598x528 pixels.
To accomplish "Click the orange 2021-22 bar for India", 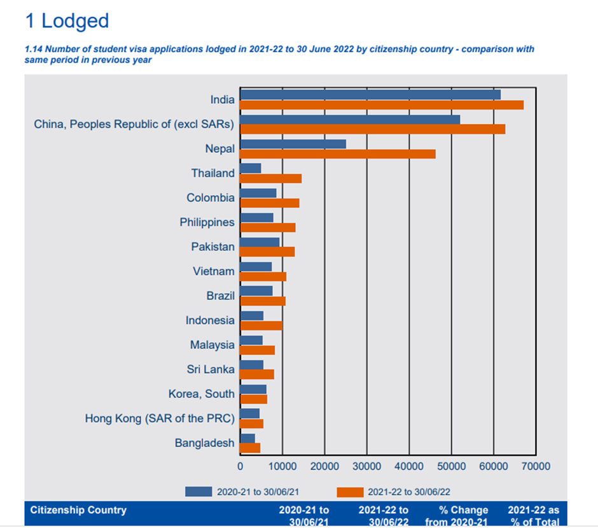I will (x=382, y=105).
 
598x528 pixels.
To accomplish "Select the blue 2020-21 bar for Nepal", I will (x=293, y=144).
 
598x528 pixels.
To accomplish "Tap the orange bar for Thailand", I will (x=271, y=178).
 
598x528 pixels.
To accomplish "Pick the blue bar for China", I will (x=350, y=119).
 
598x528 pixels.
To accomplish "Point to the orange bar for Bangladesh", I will (x=251, y=448).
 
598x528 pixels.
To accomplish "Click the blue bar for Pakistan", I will (x=260, y=242).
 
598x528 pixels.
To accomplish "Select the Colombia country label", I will (x=210, y=198).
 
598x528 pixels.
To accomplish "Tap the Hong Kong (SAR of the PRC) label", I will (x=160, y=418).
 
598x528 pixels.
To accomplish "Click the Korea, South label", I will (x=201, y=394).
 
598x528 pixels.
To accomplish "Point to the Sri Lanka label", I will (x=211, y=369).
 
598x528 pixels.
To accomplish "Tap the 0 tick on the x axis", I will (x=240, y=466).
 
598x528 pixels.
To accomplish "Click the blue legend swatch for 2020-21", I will (x=198, y=492).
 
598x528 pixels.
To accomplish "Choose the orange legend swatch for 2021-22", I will (x=350, y=492).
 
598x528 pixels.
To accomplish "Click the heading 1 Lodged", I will (x=67, y=20).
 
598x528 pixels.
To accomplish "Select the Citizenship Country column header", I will (x=78, y=510).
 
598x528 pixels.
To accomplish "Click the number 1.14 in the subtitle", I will (x=34, y=49).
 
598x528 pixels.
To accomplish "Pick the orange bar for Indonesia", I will (x=261, y=325).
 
